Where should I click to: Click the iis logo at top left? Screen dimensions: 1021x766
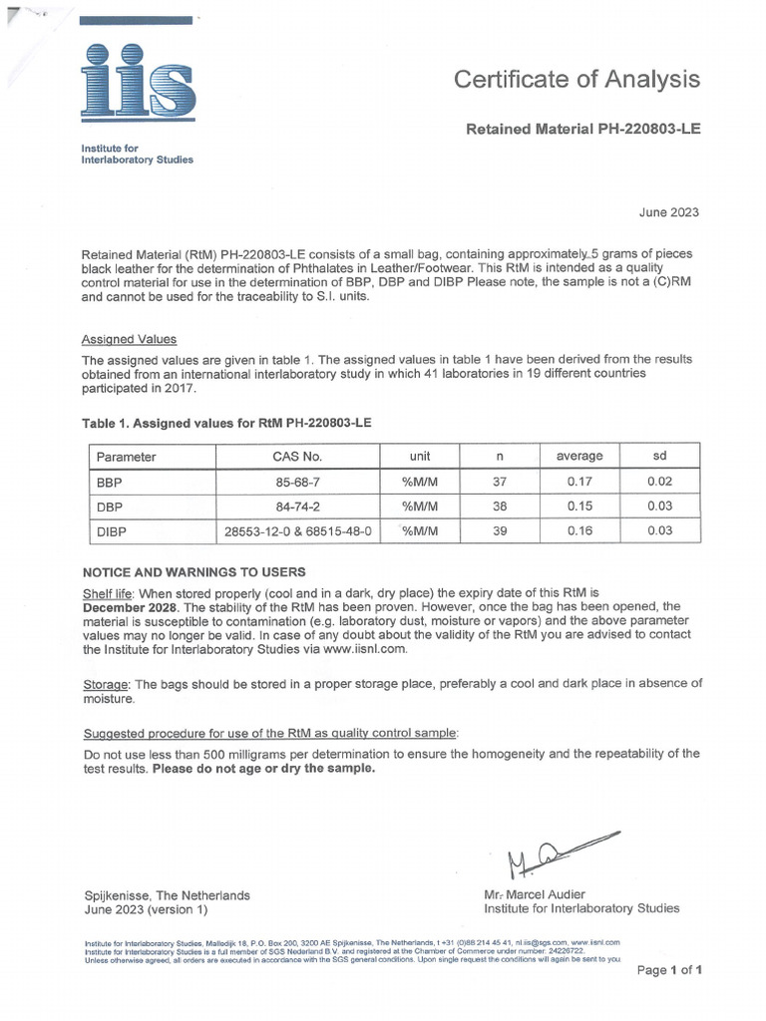[x=138, y=84]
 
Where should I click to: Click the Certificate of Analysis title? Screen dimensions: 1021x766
[x=576, y=80]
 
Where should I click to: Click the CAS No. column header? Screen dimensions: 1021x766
[x=297, y=457]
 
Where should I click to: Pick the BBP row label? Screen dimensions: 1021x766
[x=109, y=482]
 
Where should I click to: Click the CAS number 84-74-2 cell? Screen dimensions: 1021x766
[x=297, y=507]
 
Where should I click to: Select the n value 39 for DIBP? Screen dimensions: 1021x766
[x=500, y=531]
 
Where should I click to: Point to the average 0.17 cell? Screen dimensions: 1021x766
[x=579, y=482]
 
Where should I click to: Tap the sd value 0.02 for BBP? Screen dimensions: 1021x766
[x=659, y=482]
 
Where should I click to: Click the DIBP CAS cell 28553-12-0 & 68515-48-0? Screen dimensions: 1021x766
[x=297, y=531]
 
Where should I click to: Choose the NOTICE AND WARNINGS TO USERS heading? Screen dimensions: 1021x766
[x=193, y=572]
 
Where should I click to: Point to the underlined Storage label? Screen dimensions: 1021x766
[x=106, y=684]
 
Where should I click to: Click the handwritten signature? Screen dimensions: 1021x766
[x=559, y=851]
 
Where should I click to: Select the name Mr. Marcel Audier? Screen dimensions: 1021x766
[x=535, y=894]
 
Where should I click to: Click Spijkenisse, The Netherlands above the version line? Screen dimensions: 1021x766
[x=167, y=895]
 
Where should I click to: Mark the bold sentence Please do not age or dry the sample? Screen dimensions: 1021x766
[x=264, y=769]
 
